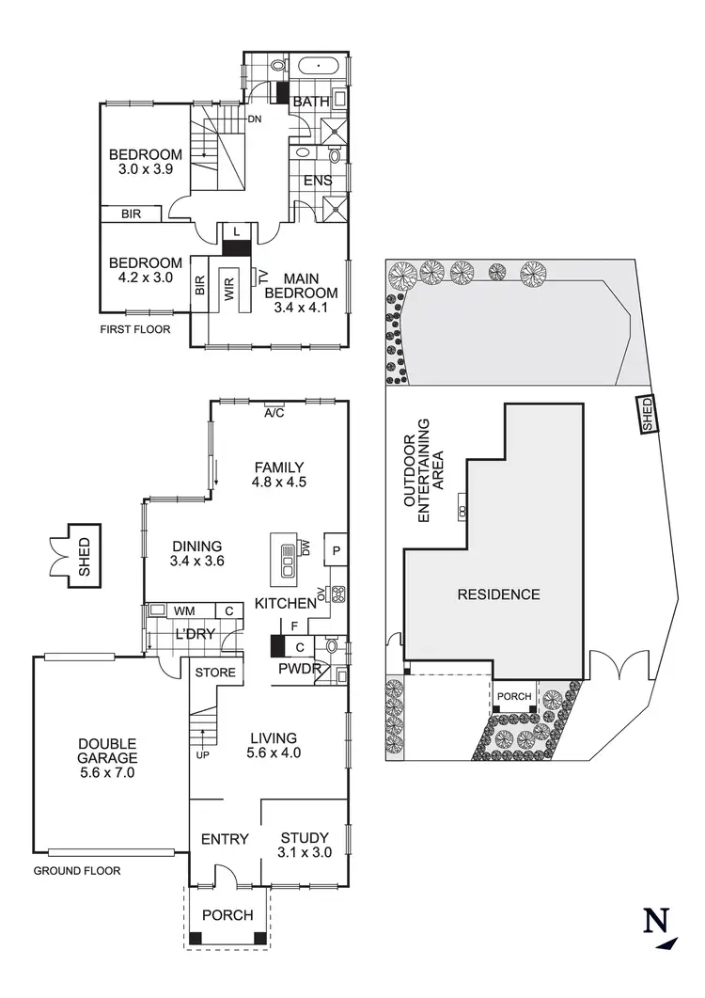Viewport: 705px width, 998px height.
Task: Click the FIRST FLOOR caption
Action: click(x=135, y=329)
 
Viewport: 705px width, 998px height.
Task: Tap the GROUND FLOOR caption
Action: click(x=77, y=871)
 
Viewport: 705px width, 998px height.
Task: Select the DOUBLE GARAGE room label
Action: click(x=107, y=757)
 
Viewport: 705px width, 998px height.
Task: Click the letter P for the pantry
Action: click(x=336, y=550)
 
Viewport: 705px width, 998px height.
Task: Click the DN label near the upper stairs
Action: click(x=255, y=119)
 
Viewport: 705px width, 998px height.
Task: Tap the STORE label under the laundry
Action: click(x=214, y=673)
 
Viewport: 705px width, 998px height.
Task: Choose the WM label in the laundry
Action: click(x=184, y=610)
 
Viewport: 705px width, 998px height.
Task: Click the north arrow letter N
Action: click(x=655, y=922)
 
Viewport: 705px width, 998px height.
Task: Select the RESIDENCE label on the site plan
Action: click(x=498, y=594)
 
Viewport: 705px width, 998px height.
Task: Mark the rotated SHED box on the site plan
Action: click(x=647, y=413)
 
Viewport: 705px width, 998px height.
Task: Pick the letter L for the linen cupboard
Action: click(x=236, y=230)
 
